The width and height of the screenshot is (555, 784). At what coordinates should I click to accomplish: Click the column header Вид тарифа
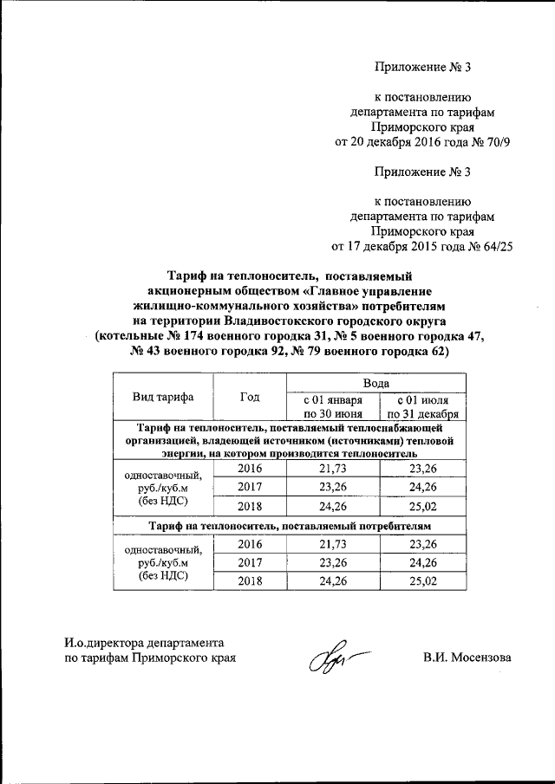point(163,397)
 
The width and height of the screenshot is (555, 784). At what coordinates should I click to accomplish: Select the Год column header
point(250,397)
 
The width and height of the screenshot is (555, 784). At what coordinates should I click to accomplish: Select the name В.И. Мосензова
point(467,658)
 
